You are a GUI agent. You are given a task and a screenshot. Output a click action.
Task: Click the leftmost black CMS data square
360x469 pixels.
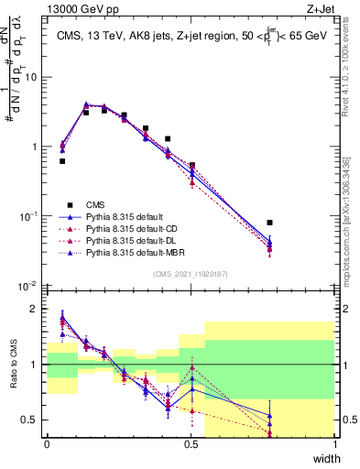62,161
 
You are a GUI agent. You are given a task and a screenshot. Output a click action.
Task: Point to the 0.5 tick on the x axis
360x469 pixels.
191,443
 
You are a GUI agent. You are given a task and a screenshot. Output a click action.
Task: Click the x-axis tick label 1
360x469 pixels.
335,443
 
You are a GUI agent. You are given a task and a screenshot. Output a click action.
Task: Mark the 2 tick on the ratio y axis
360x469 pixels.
37,309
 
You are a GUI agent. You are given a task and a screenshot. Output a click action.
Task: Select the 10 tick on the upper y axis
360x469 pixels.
32,77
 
